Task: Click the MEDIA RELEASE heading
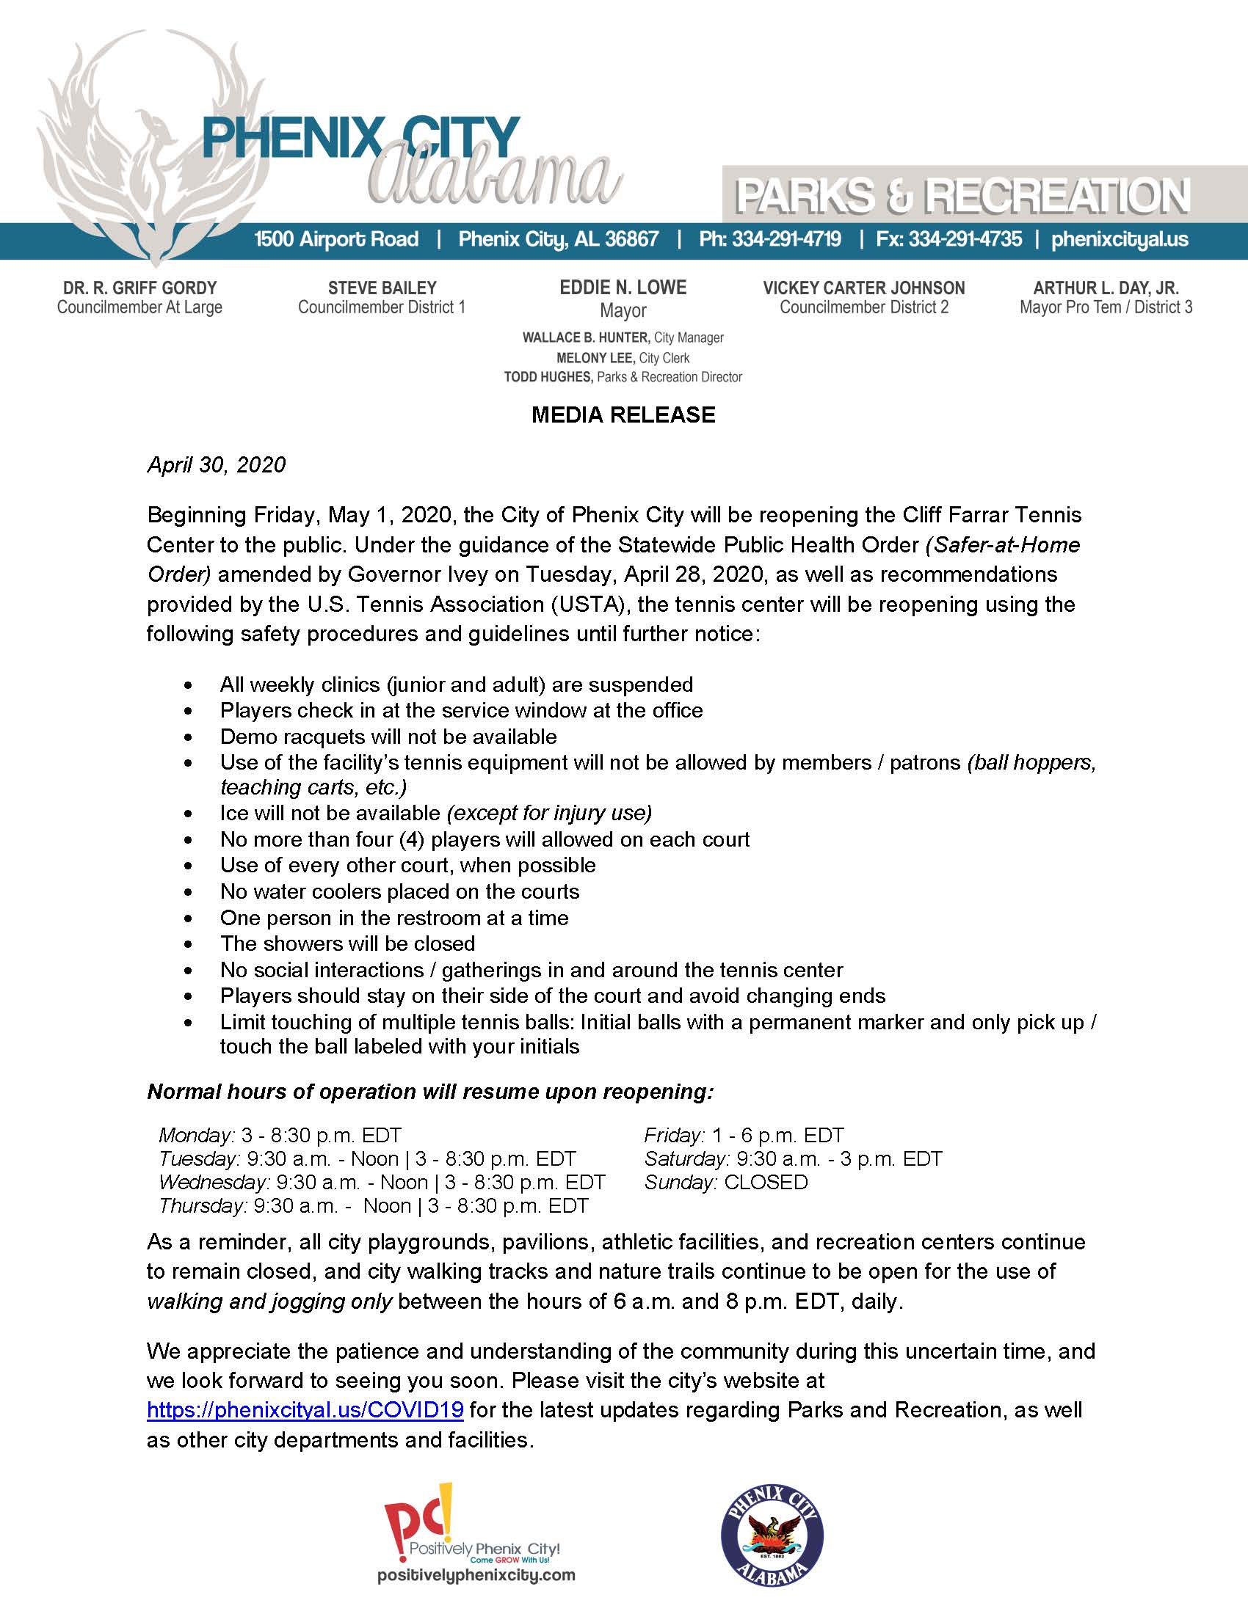point(623,415)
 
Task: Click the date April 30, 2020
point(216,465)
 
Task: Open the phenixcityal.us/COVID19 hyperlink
point(305,1409)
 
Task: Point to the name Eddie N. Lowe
point(623,288)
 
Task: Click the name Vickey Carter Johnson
point(863,288)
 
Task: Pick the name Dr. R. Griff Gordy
point(139,288)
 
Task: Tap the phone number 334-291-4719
point(786,239)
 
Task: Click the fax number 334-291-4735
point(965,239)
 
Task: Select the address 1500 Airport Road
point(336,239)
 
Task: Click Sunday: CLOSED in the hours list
point(726,1182)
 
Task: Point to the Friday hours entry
point(744,1135)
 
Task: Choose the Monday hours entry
point(280,1135)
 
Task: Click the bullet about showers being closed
point(347,943)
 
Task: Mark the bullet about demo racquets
point(388,737)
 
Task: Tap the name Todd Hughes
point(548,378)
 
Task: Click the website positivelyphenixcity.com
point(476,1575)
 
